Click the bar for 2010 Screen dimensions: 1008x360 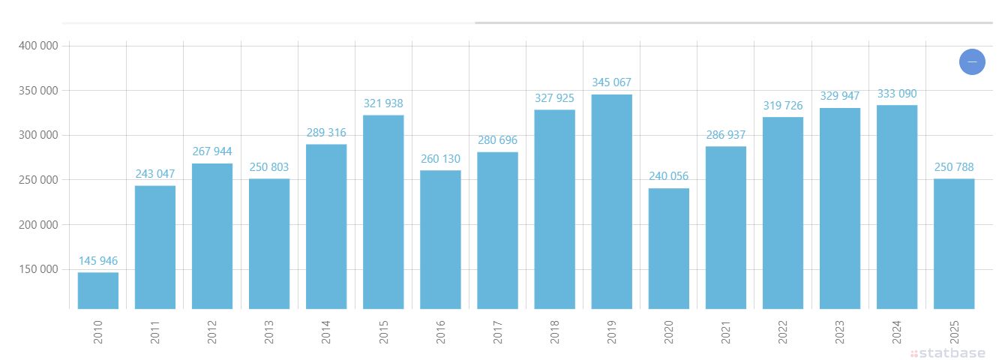(98, 290)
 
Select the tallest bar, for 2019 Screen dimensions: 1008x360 (611, 202)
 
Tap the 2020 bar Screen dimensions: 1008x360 (669, 248)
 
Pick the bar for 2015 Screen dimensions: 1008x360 (383, 212)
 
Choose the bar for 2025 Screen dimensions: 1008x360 (954, 244)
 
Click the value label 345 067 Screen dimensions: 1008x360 (611, 82)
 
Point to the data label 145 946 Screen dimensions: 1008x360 (98, 260)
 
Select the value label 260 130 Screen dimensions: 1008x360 (440, 159)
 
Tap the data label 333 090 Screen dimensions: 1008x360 (897, 94)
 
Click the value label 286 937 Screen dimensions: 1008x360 (726, 134)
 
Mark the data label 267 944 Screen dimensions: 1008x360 (212, 151)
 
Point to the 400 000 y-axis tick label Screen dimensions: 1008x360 (38, 46)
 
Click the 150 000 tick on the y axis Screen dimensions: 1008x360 (38, 269)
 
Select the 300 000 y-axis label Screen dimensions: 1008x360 (38, 135)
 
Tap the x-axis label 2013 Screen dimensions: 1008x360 (269, 332)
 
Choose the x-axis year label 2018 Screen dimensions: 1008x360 (554, 332)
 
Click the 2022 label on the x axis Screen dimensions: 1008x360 (783, 332)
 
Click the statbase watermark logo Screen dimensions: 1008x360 (948, 353)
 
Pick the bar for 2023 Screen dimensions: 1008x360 (840, 208)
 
